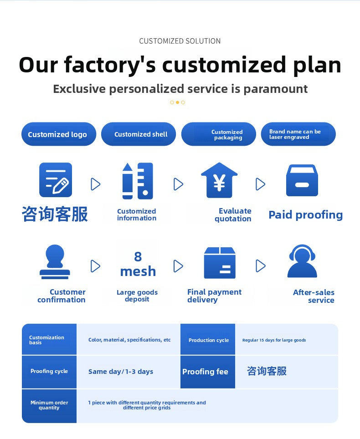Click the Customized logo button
click(x=59, y=134)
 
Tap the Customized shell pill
click(x=139, y=134)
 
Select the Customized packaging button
click(x=219, y=134)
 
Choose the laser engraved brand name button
click(x=298, y=134)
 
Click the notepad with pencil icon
click(x=56, y=180)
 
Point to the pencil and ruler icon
click(x=138, y=181)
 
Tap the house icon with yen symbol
click(x=219, y=180)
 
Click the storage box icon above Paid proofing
click(x=302, y=180)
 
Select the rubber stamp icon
click(x=55, y=262)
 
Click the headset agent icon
click(x=302, y=261)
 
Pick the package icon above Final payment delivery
click(x=220, y=263)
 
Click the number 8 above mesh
click(x=138, y=256)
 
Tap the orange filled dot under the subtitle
click(x=177, y=102)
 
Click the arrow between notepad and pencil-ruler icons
click(x=96, y=184)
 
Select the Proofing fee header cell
click(x=208, y=372)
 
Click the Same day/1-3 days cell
click(x=121, y=372)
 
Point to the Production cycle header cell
click(x=208, y=339)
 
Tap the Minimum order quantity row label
click(x=49, y=405)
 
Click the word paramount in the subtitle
click(x=276, y=89)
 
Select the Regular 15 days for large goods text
click(x=274, y=340)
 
